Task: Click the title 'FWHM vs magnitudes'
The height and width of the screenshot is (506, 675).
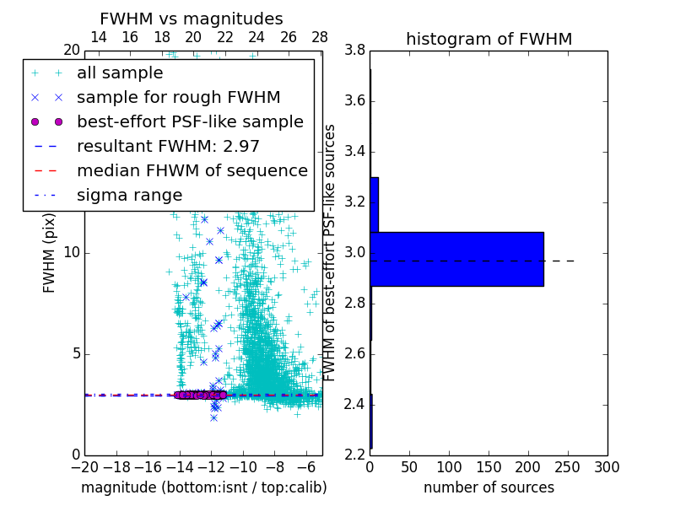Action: click(x=192, y=19)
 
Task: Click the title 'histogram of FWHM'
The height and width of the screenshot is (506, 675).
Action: click(x=489, y=39)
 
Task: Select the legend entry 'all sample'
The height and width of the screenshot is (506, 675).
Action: click(x=120, y=73)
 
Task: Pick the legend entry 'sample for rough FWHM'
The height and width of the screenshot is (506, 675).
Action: click(x=178, y=98)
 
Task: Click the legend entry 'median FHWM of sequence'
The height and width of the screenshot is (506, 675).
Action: click(x=192, y=170)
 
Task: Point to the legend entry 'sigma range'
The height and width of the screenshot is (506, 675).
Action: click(x=129, y=195)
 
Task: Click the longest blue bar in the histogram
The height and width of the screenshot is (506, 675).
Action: click(x=456, y=259)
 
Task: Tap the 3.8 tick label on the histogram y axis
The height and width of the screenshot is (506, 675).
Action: click(x=354, y=51)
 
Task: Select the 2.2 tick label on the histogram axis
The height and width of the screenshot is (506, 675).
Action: click(x=354, y=455)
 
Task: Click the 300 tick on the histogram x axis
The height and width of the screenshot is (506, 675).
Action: click(x=607, y=467)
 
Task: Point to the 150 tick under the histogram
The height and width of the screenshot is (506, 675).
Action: click(x=489, y=467)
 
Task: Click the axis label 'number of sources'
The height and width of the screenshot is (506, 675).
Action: click(x=489, y=487)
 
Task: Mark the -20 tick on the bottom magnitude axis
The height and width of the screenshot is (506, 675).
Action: click(x=84, y=467)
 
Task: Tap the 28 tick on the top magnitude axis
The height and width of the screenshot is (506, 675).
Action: click(x=320, y=37)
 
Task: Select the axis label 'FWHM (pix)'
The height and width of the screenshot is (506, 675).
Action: click(x=50, y=253)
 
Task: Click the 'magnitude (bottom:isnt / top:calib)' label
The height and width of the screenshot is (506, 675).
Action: click(x=203, y=487)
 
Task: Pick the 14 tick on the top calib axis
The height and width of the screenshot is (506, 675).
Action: click(x=98, y=37)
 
